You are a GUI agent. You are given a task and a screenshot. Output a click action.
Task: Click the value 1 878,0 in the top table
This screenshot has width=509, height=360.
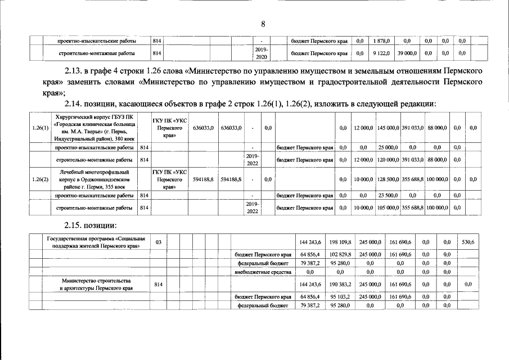click(382, 41)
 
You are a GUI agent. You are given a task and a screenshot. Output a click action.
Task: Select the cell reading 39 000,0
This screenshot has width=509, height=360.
click(407, 53)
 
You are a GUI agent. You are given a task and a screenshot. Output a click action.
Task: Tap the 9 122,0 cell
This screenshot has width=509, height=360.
click(382, 53)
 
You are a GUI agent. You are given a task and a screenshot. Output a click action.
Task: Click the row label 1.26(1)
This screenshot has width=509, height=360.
click(40, 128)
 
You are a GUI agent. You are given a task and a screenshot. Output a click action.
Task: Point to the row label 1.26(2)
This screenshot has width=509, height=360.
click(40, 179)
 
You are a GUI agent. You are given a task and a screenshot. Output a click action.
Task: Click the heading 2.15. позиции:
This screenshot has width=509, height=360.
click(91, 226)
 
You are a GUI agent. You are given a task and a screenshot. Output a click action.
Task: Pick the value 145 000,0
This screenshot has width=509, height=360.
click(388, 128)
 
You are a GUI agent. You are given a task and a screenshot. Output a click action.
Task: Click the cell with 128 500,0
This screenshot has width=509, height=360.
click(388, 179)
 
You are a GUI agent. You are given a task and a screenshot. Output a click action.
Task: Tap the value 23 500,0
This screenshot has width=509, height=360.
click(388, 195)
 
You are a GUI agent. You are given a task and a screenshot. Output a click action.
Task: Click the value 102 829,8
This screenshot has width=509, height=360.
click(341, 254)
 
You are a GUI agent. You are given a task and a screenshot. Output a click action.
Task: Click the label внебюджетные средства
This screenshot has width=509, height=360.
click(262, 272)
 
